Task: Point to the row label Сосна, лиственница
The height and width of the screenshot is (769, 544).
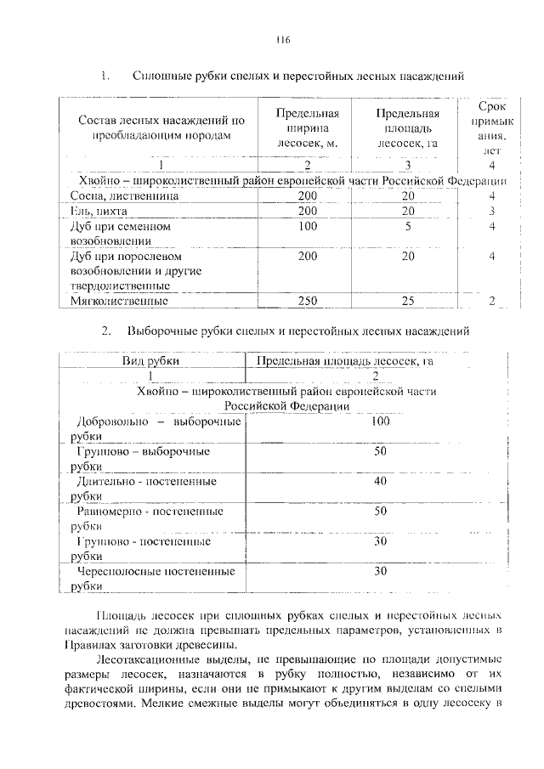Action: pyautogui.click(x=125, y=196)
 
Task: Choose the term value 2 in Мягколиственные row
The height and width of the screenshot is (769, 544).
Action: pyautogui.click(x=492, y=301)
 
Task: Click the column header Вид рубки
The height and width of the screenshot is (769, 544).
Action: pyautogui.click(x=150, y=362)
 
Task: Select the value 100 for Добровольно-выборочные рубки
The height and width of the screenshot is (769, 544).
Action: pyautogui.click(x=380, y=421)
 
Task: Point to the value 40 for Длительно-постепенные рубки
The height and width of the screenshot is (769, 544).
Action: pyautogui.click(x=380, y=481)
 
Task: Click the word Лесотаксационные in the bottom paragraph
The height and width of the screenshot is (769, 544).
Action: pyautogui.click(x=156, y=659)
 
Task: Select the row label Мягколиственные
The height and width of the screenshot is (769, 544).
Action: pyautogui.click(x=119, y=301)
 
